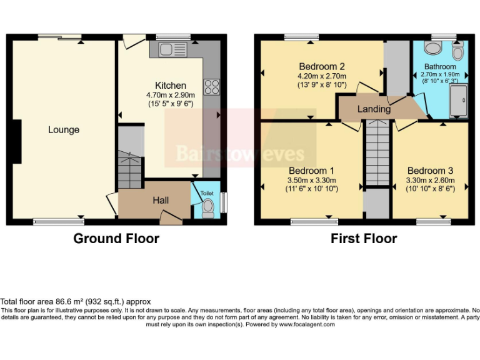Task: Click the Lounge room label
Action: click(64, 130)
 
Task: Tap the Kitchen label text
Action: click(171, 86)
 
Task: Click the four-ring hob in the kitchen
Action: click(211, 86)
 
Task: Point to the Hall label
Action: click(161, 200)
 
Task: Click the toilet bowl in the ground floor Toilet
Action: click(207, 207)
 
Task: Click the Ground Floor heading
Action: click(116, 238)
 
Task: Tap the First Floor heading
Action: click(364, 238)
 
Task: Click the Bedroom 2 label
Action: click(322, 66)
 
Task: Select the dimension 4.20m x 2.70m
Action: click(322, 76)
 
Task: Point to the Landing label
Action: click(374, 109)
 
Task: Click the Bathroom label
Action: click(440, 66)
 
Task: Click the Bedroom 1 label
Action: click(311, 171)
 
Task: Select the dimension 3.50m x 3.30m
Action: click(311, 180)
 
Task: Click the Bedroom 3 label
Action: click(430, 171)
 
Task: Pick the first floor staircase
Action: click(377, 153)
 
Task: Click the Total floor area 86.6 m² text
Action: click(76, 301)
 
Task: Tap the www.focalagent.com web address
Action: click(307, 324)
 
